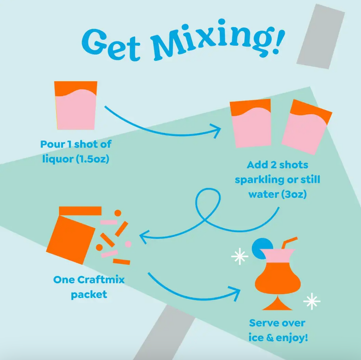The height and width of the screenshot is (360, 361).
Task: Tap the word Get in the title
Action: coord(110,43)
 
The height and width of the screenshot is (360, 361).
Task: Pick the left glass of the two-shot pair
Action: coord(251,124)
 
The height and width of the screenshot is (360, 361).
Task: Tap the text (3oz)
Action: coord(294,194)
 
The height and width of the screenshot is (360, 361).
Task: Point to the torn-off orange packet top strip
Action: coord(80,211)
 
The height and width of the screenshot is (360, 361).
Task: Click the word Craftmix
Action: coord(101,280)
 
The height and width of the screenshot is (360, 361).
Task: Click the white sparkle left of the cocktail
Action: coord(240,257)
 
